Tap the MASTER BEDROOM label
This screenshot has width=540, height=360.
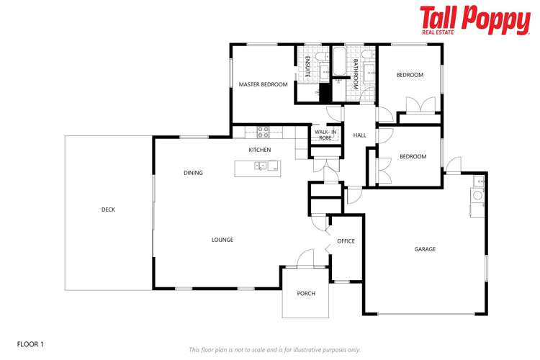click(263, 85)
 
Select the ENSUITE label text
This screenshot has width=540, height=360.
click(307, 66)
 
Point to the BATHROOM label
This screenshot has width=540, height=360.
click(356, 75)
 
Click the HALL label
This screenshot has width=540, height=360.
click(359, 135)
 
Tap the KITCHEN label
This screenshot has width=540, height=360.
click(259, 150)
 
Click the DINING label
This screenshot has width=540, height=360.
click(193, 173)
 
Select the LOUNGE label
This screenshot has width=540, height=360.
click(222, 240)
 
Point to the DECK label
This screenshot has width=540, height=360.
click(108, 210)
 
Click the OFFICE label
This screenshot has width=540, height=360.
click(346, 241)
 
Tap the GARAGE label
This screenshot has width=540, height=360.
click(425, 249)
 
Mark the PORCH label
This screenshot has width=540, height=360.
click(306, 293)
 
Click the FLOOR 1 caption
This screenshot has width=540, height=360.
click(30, 345)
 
